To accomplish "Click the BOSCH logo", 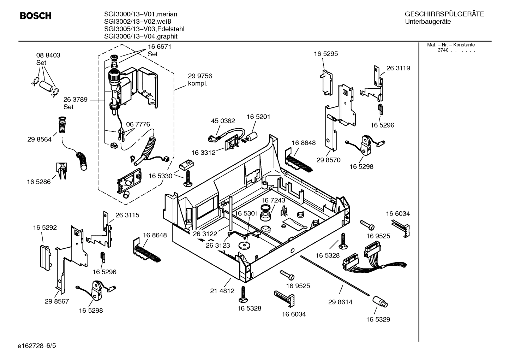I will point(36,16).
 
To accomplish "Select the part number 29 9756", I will point(200,76).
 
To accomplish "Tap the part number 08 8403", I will point(48,55).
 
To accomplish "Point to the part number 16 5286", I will point(38,182).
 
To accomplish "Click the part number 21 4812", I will point(222,291).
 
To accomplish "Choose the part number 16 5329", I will point(378,319).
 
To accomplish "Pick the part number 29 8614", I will point(340,302).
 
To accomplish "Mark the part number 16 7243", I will point(273,200).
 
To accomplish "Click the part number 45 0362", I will point(223,121).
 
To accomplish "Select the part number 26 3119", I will point(398,68).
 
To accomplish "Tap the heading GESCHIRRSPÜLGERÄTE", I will point(444,14).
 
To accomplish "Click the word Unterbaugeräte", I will point(428,22).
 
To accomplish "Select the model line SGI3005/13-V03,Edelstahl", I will point(144,29).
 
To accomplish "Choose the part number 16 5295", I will point(326,54).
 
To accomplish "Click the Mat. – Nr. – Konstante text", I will point(451,45).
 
